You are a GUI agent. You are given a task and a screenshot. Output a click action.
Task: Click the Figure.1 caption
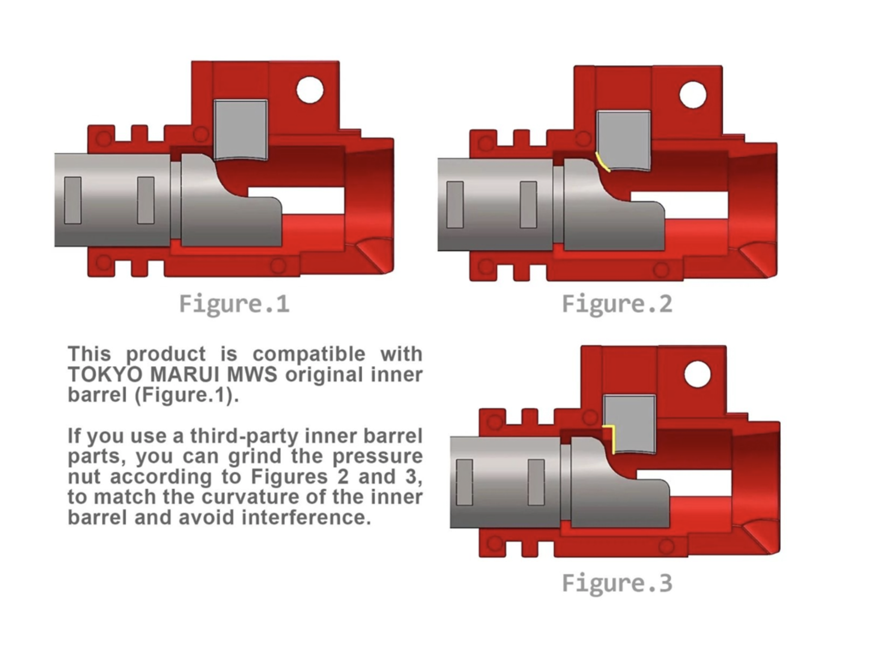(x=234, y=304)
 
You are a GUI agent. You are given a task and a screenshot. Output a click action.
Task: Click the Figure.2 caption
(x=617, y=304)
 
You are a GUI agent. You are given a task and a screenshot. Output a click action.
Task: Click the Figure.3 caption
(x=617, y=583)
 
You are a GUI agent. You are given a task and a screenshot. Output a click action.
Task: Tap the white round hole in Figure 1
(x=310, y=90)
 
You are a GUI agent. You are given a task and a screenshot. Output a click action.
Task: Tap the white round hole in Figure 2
(x=692, y=95)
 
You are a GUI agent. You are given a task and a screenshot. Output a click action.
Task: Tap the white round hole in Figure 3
(x=697, y=374)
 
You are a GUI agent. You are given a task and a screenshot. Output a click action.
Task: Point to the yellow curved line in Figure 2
(x=602, y=162)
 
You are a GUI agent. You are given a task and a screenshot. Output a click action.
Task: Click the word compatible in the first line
(x=309, y=354)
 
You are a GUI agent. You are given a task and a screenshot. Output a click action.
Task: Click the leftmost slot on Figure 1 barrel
(x=73, y=200)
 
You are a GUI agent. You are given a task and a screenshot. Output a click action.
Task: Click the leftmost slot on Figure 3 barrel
(x=464, y=482)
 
